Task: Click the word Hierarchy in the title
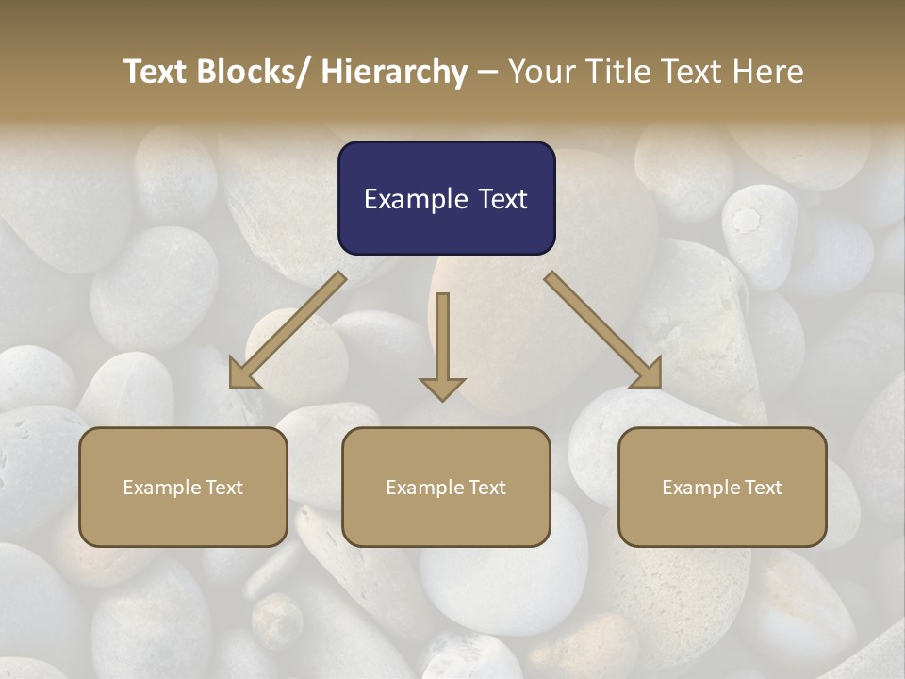(394, 72)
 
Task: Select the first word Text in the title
(156, 72)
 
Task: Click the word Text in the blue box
(502, 199)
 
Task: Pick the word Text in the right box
(764, 488)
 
